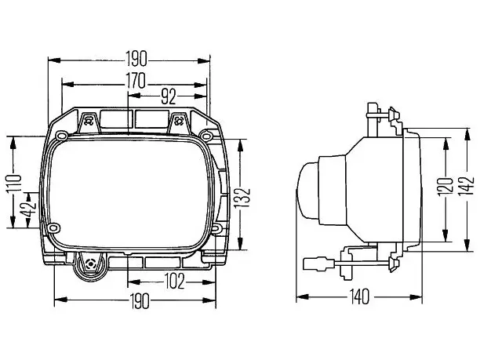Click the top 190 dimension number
[x=136, y=60]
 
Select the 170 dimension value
[x=136, y=81]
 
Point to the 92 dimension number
[x=169, y=96]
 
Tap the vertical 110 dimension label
[x=14, y=184]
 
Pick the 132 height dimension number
[x=244, y=198]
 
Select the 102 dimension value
[x=174, y=282]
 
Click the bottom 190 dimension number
[x=140, y=300]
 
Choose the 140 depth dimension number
[x=360, y=297]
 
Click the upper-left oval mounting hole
[x=61, y=136]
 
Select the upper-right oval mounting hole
[x=205, y=135]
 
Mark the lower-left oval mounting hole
[x=54, y=228]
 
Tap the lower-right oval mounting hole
[x=216, y=228]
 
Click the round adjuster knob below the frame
[x=91, y=266]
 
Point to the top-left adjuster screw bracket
[x=89, y=122]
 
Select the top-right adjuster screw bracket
[x=178, y=122]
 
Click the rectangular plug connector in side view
[x=319, y=264]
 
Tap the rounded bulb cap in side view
[x=308, y=191]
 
